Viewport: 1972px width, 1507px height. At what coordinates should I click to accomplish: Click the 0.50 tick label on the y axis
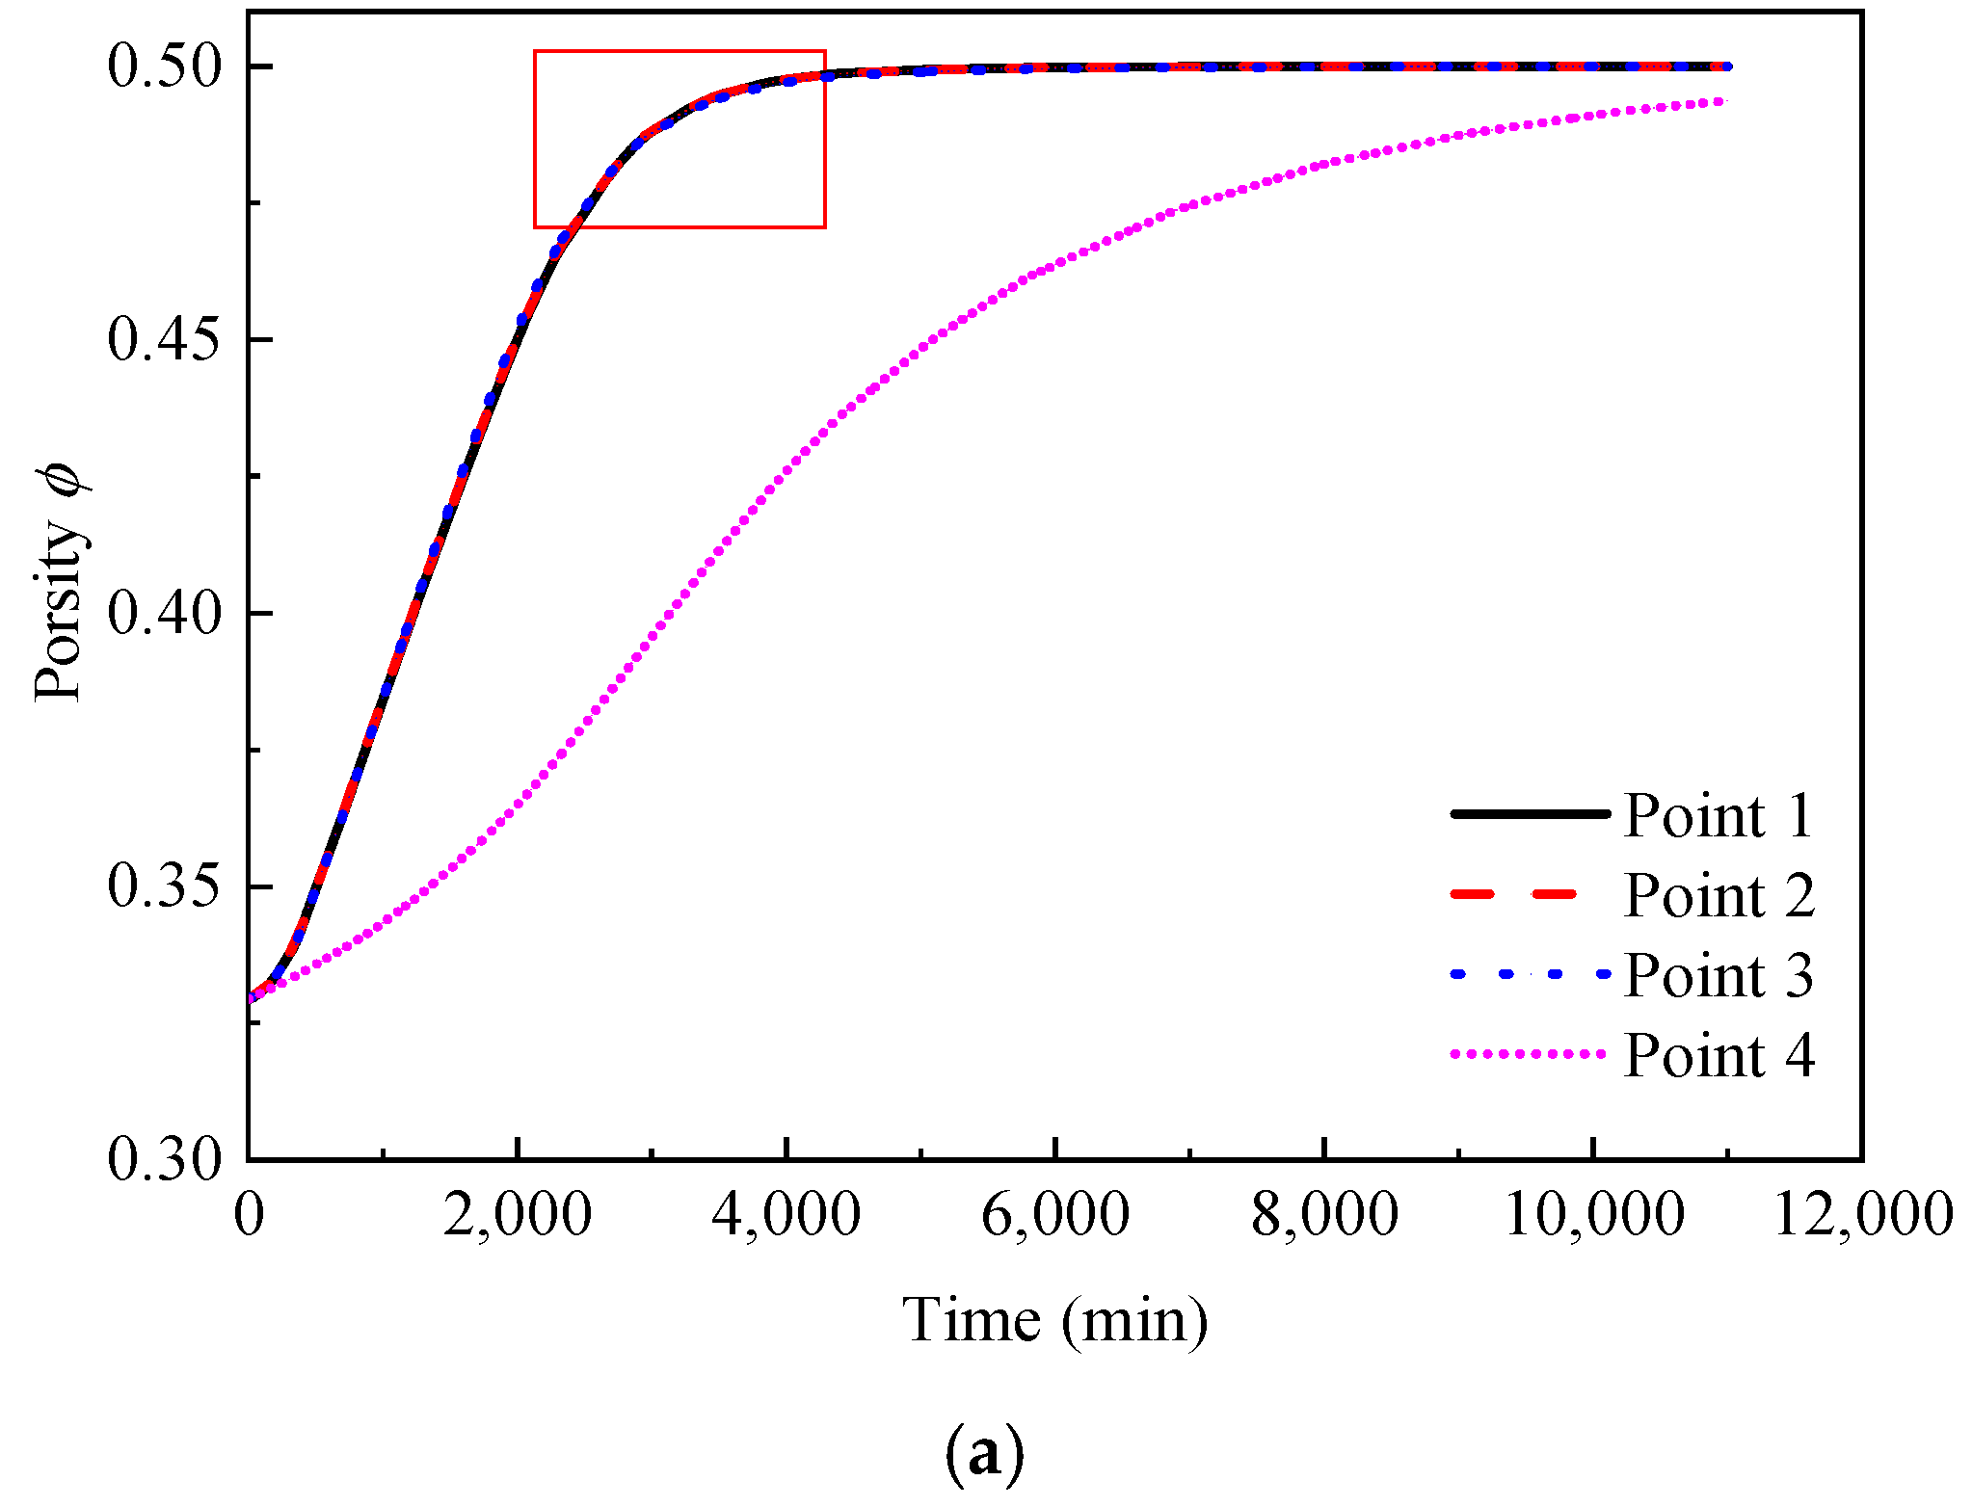tap(165, 67)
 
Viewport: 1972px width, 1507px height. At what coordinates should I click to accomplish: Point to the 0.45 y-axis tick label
tap(165, 341)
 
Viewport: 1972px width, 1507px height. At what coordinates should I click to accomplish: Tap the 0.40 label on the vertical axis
tap(165, 614)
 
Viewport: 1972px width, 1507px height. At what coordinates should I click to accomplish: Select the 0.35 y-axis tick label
tap(165, 887)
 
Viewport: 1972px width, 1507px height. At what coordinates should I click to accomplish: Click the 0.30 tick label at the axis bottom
tap(165, 1160)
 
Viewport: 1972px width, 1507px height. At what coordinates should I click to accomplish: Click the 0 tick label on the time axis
tap(249, 1214)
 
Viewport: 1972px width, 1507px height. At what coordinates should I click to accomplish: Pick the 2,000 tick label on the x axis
tap(518, 1214)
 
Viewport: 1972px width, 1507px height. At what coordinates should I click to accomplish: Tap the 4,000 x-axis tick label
tap(786, 1214)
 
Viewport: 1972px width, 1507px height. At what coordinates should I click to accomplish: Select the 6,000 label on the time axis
tap(1055, 1214)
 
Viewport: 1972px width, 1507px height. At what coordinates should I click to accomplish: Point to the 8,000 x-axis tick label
tap(1324, 1214)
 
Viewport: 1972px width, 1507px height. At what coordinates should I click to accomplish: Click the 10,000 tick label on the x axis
tap(1594, 1214)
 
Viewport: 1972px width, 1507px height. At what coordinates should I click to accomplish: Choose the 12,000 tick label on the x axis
tap(1863, 1214)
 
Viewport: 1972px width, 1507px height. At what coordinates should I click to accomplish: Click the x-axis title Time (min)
tap(1055, 1320)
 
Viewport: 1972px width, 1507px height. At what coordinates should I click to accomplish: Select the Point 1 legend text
tap(1719, 816)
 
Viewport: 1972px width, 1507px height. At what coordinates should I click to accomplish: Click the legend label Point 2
tap(1719, 896)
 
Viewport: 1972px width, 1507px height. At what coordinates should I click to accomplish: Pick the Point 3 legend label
tap(1719, 976)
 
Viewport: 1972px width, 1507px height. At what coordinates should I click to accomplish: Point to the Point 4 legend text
tap(1719, 1056)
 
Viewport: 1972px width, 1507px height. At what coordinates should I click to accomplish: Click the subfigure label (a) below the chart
tap(983, 1454)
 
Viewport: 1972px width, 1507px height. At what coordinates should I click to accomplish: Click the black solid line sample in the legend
tap(1530, 814)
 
